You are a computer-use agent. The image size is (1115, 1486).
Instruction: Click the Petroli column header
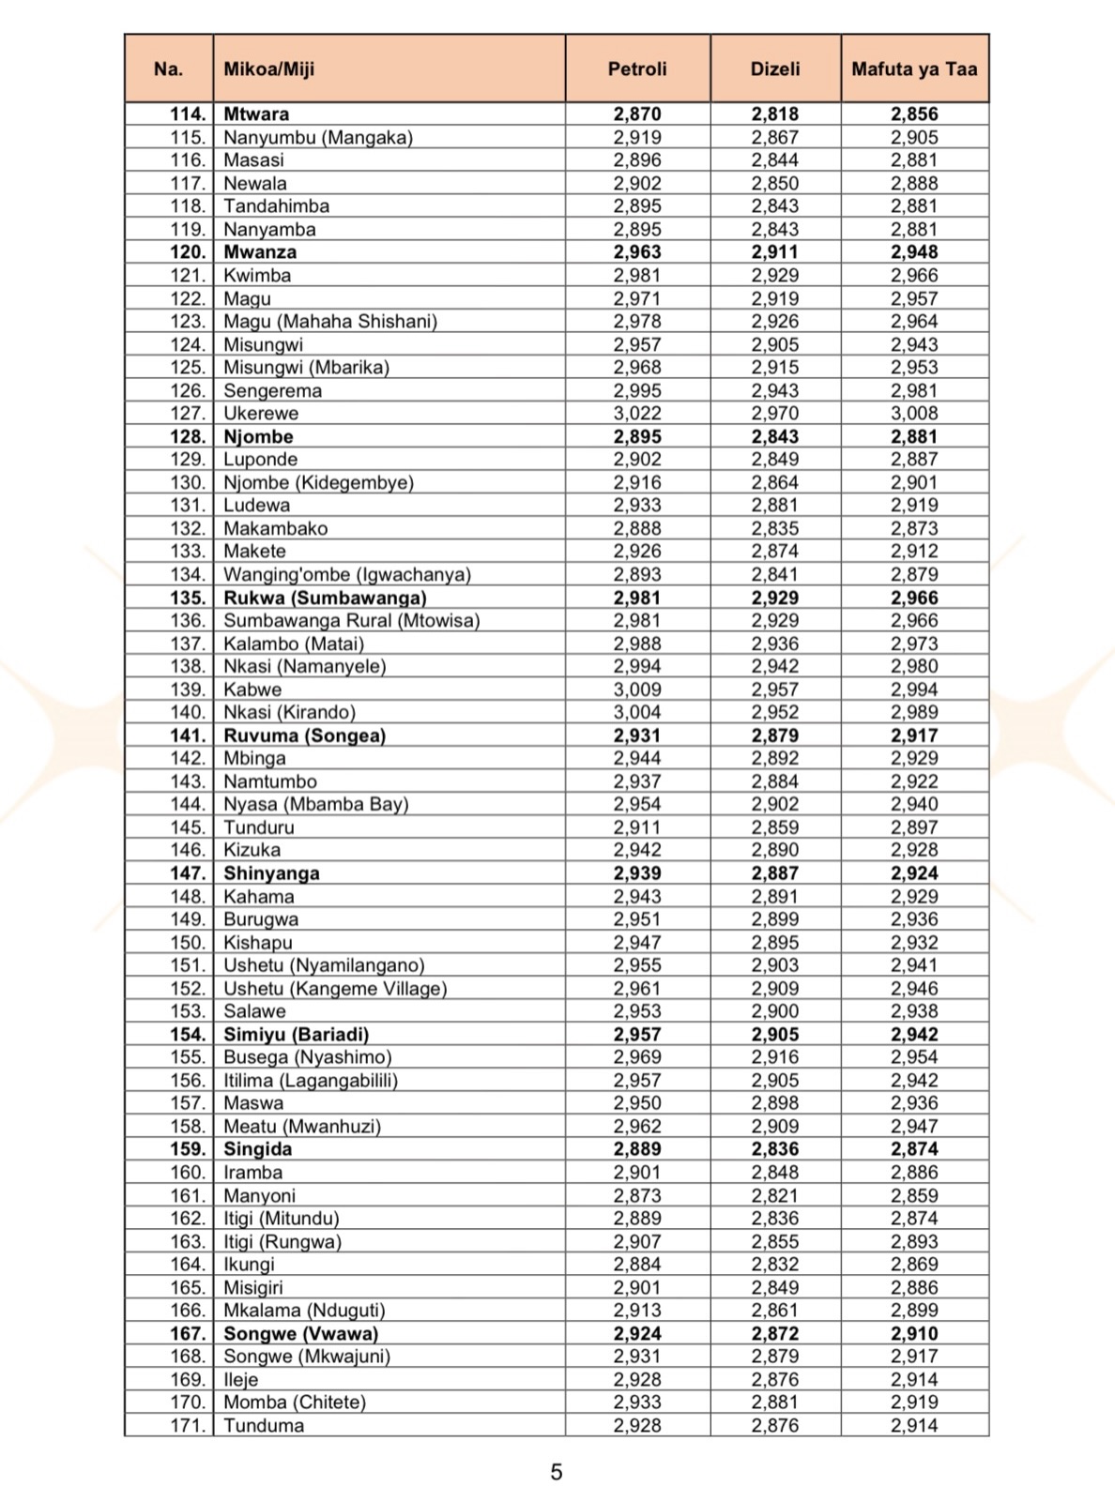tap(637, 68)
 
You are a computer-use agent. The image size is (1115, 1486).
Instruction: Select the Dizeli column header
tap(775, 68)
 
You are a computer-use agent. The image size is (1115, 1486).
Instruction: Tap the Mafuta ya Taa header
tap(914, 68)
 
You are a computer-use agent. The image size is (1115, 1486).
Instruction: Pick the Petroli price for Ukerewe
tap(637, 414)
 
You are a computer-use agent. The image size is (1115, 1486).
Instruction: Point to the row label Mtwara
tap(256, 114)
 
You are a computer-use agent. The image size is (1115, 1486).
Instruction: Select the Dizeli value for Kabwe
tap(775, 690)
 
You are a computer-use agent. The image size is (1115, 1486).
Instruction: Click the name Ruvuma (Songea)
tap(304, 735)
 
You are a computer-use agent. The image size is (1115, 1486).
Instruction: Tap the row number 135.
tap(188, 598)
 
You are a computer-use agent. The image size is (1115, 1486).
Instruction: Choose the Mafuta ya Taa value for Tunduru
tap(914, 827)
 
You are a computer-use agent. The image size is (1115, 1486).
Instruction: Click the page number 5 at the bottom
tap(557, 1472)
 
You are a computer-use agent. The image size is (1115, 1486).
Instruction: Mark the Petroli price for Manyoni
tap(637, 1195)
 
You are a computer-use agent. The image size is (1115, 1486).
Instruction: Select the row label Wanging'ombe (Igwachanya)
tap(346, 574)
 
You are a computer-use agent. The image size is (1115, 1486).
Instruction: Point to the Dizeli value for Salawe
tap(775, 1011)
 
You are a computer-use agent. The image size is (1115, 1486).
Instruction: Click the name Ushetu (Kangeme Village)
tap(334, 988)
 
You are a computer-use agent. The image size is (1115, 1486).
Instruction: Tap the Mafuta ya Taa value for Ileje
tap(914, 1379)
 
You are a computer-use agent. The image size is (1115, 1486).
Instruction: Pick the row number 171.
tap(188, 1425)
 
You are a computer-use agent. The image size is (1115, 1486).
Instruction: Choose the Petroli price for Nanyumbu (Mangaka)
tap(637, 138)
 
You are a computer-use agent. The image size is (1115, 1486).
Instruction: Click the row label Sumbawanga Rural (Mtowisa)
tap(351, 620)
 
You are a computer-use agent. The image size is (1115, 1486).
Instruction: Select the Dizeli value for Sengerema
tap(775, 390)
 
